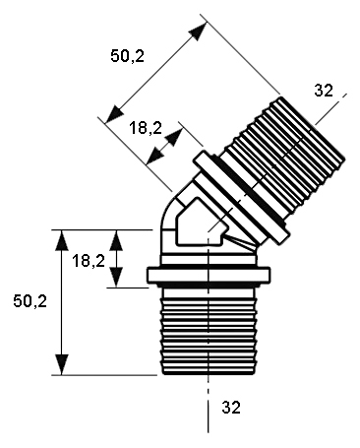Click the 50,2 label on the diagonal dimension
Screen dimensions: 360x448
pos(127,56)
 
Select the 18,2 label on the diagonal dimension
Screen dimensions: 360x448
pos(146,128)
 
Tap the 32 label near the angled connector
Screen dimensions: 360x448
pos(324,91)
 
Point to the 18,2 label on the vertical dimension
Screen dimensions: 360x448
pos(89,261)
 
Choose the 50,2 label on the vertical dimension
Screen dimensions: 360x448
pos(30,301)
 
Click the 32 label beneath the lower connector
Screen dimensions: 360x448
pos(231,408)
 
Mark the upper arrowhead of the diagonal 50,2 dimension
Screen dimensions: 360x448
pos(198,31)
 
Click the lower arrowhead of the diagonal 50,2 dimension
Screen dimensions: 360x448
pos(114,114)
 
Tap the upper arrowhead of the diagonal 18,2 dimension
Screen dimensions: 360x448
pos(174,137)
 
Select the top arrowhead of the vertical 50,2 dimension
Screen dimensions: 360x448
pos(61,240)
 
